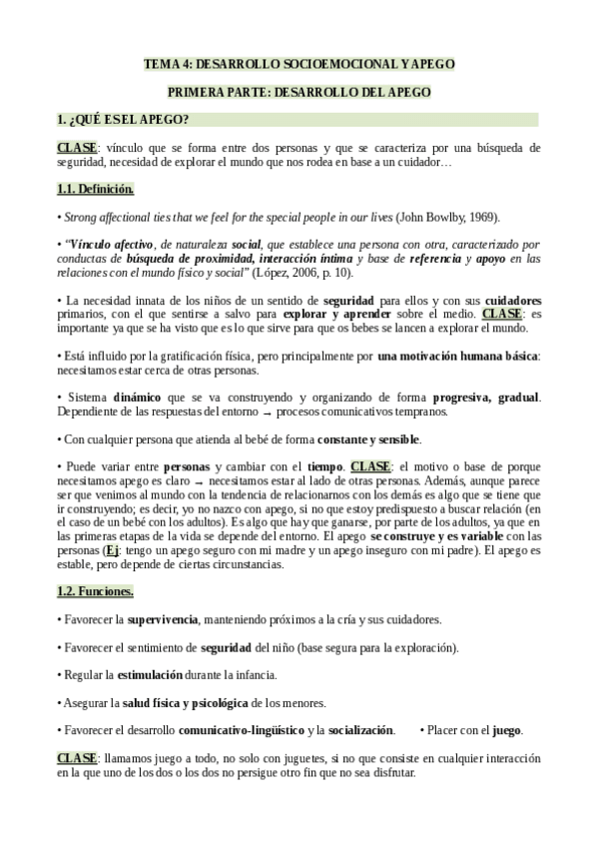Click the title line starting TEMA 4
click(x=299, y=64)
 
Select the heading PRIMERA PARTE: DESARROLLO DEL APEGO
click(x=299, y=92)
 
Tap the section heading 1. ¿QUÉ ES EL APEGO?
click(x=125, y=120)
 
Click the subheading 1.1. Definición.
click(x=95, y=188)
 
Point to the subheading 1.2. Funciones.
click(x=94, y=591)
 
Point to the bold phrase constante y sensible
click(x=369, y=438)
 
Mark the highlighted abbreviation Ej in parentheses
click(x=113, y=549)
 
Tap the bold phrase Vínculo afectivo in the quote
click(x=111, y=244)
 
